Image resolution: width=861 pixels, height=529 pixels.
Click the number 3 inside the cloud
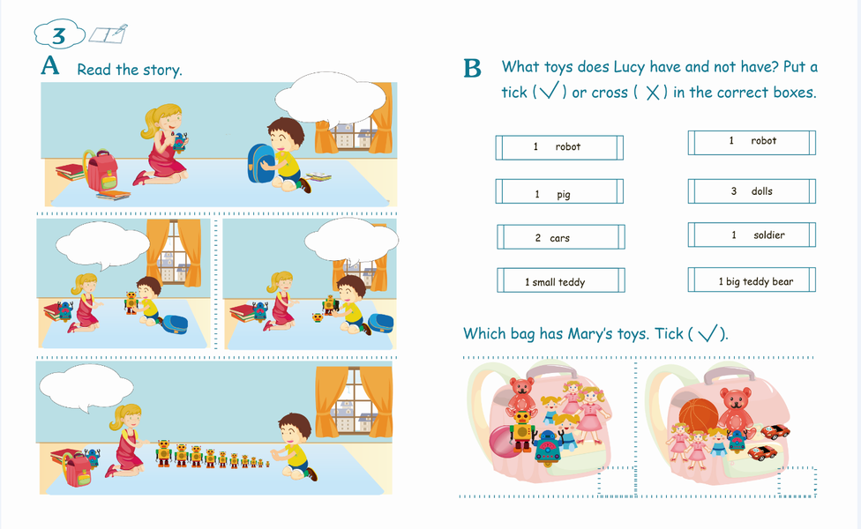(58, 36)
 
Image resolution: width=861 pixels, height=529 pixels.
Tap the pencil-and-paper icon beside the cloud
(109, 34)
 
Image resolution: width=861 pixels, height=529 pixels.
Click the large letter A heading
(49, 65)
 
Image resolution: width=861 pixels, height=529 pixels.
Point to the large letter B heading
(472, 69)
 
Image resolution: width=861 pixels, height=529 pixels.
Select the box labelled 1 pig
(559, 191)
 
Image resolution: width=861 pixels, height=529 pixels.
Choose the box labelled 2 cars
(561, 236)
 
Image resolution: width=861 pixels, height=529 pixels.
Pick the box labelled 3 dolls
(752, 191)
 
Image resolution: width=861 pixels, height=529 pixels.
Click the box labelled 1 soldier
(752, 235)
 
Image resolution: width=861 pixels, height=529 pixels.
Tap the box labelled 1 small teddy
(561, 279)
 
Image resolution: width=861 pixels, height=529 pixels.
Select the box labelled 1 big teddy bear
(752, 279)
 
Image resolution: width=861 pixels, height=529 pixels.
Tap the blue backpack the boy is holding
(262, 163)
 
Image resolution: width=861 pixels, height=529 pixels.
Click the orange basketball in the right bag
(699, 416)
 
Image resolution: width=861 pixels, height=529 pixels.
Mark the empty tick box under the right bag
(797, 481)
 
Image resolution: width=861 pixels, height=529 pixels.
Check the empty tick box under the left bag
(617, 481)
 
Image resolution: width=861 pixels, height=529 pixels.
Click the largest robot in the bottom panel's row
(163, 453)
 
